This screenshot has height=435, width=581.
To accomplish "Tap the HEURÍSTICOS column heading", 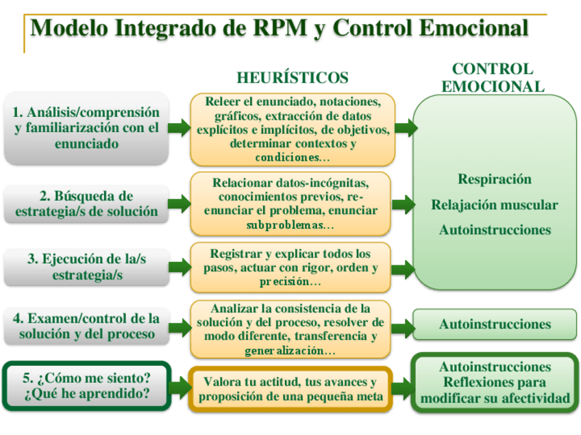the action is tap(293, 77).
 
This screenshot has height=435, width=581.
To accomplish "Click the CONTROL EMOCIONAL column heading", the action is tap(493, 77).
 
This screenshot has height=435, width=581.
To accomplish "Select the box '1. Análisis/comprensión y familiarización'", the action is tap(86, 128).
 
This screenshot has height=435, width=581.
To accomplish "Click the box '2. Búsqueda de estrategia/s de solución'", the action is tap(86, 204).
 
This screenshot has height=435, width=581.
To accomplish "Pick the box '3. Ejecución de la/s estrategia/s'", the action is tap(86, 267).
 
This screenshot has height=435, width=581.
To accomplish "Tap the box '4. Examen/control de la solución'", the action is tap(86, 327).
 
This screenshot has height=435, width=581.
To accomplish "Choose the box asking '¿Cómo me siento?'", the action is tap(86, 387).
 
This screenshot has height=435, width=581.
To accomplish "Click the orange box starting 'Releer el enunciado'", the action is tap(293, 129).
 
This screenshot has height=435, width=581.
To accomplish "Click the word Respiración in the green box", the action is tap(495, 179).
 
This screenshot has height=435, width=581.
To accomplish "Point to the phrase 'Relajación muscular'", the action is tap(495, 205).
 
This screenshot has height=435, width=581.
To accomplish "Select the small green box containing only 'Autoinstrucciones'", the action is tap(495, 324).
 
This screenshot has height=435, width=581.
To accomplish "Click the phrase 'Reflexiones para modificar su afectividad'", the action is tap(495, 391).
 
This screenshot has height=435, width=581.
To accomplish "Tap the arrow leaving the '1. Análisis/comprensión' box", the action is tap(180, 127).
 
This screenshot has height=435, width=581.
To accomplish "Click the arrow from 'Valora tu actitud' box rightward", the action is tap(401, 388).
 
